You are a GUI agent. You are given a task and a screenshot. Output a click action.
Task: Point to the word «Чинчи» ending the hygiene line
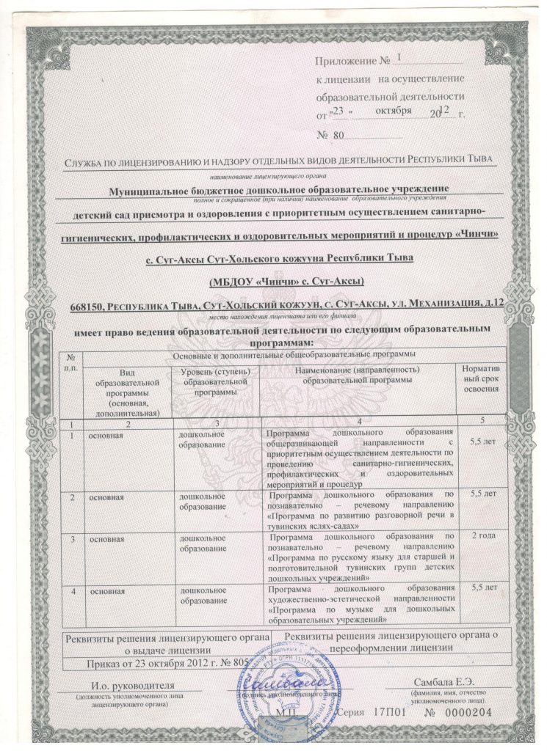tap(477, 235)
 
